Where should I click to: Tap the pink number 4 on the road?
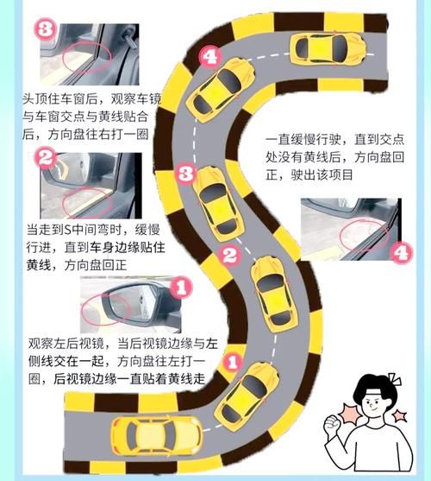coord(209,56)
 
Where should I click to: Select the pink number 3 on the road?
coord(184,174)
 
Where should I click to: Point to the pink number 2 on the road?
coord(228,256)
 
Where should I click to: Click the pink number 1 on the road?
coord(231,364)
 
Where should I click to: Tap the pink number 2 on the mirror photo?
coord(46,158)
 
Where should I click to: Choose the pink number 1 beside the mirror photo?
coord(178,283)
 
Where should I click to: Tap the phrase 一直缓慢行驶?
coord(307,139)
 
